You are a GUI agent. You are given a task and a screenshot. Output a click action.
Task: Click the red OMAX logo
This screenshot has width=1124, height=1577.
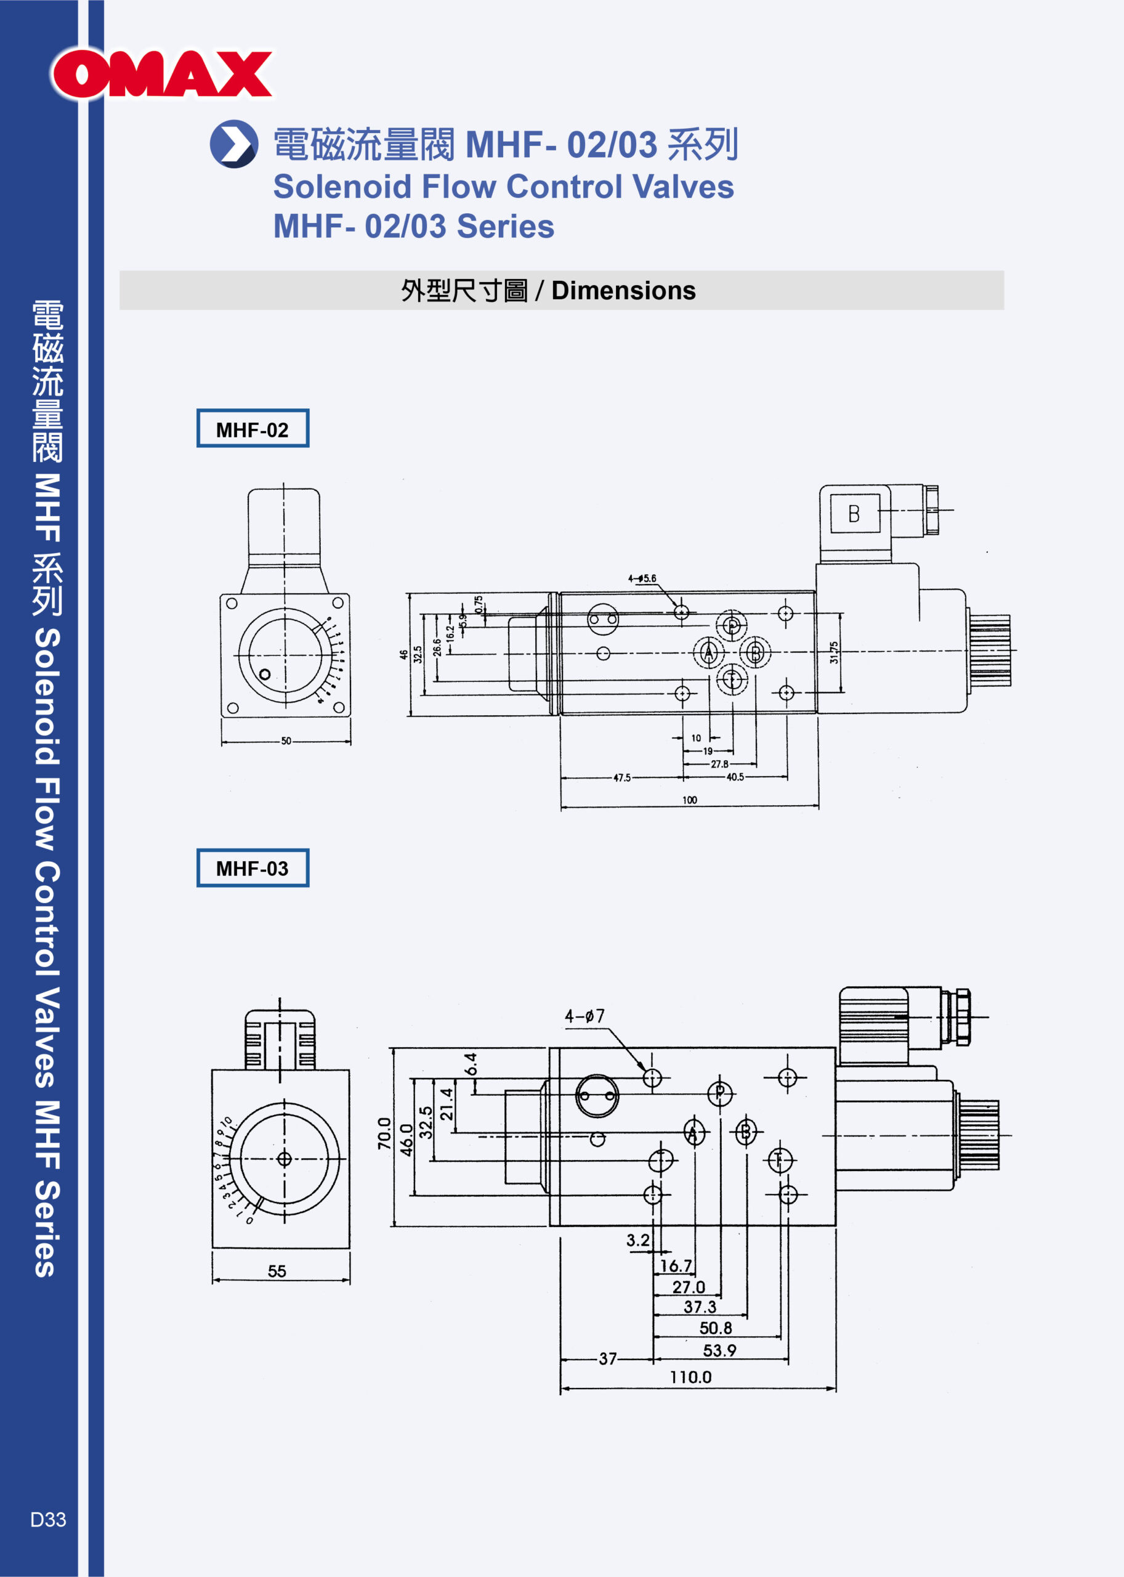click(x=162, y=74)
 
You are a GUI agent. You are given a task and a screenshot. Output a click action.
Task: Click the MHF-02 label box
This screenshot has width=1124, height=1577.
click(x=253, y=429)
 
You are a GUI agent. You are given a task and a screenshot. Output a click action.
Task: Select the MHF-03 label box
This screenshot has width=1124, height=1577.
click(x=253, y=868)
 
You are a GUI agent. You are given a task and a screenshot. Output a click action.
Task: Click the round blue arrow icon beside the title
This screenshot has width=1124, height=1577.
click(x=234, y=144)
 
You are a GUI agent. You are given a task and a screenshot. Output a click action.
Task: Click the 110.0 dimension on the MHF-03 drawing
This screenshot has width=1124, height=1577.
click(x=690, y=1377)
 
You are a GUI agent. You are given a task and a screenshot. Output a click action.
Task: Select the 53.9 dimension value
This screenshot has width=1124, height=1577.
click(x=719, y=1350)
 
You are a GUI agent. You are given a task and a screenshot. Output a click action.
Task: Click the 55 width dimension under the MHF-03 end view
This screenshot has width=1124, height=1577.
click(x=277, y=1271)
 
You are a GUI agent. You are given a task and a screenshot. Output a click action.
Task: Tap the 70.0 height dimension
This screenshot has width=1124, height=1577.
click(x=385, y=1133)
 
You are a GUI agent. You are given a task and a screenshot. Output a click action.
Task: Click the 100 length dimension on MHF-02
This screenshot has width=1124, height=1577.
click(x=689, y=800)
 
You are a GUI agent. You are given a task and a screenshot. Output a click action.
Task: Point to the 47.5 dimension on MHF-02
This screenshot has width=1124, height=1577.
click(x=621, y=777)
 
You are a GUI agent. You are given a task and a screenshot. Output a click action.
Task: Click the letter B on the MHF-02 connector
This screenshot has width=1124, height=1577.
click(x=854, y=514)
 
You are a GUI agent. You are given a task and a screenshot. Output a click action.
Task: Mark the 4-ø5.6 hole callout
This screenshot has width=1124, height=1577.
click(x=642, y=578)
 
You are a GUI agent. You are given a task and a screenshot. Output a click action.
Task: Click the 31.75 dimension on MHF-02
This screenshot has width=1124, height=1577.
click(x=834, y=652)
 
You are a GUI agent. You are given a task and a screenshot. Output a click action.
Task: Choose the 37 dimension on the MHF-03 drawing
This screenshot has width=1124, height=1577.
click(x=608, y=1358)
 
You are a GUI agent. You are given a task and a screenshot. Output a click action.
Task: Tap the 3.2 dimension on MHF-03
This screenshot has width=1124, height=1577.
click(x=637, y=1240)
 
